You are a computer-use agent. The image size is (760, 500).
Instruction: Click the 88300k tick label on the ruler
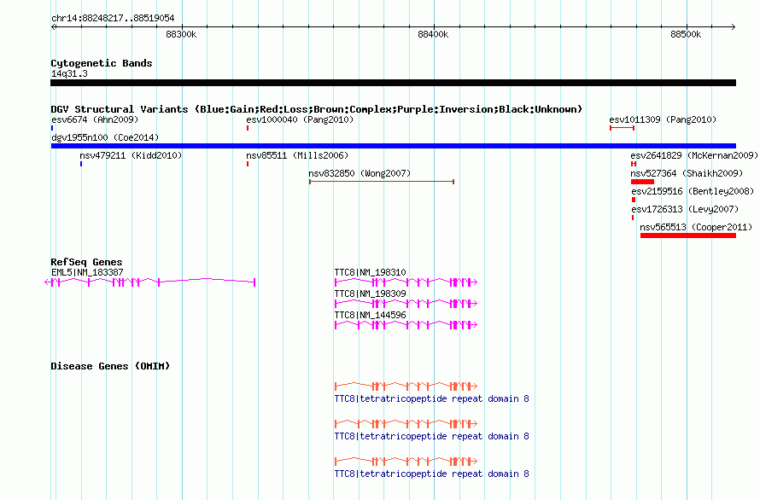pos(181,34)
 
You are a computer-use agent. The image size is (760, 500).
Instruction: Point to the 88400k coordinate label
pos(433,34)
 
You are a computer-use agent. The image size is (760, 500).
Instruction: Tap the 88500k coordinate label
pos(686,34)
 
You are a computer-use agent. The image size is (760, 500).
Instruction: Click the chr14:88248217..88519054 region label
pos(113,18)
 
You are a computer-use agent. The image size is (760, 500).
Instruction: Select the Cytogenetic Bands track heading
pos(102,63)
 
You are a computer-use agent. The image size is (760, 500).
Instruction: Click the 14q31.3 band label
pos(69,73)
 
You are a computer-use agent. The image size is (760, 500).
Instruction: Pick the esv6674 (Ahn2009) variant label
pos(95,119)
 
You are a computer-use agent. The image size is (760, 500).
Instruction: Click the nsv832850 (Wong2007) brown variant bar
pos(382,182)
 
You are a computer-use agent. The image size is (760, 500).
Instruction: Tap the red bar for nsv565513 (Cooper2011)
pos(687,235)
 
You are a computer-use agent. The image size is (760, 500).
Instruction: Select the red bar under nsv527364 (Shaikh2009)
pos(642,182)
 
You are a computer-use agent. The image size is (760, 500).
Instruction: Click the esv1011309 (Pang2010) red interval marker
pos(622,128)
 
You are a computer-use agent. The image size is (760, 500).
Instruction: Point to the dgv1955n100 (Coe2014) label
pos(105,137)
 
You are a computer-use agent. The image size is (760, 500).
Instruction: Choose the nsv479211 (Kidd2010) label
pos(131,155)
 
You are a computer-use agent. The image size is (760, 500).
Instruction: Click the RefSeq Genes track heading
pos(86,262)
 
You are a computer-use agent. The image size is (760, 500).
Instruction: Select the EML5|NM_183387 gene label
pos(87,272)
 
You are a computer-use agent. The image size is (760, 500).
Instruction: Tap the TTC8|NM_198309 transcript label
pos(371,294)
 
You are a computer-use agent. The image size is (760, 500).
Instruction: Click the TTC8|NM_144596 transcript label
pos(371,315)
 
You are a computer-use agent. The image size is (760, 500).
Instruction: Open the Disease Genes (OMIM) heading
pos(110,366)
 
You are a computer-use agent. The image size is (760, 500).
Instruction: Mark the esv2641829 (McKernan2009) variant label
pos(694,155)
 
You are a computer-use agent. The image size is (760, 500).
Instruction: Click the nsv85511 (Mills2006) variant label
pos(297,155)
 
